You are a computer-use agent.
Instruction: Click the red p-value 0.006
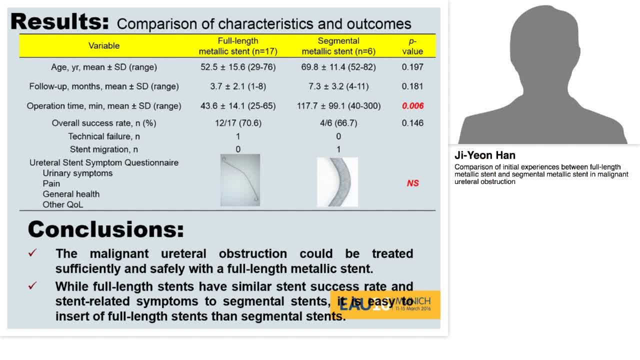(412, 106)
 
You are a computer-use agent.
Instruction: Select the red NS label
(412, 183)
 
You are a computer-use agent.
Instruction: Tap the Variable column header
(104, 46)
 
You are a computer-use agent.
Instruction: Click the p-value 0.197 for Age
(412, 67)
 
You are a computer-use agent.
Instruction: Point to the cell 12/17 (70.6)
(238, 123)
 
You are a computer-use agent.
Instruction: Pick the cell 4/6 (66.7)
(338, 123)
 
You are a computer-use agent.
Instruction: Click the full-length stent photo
(240, 180)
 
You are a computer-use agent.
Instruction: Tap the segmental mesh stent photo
(337, 182)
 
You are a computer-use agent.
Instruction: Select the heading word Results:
(59, 21)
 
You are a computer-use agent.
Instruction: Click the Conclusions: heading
(106, 229)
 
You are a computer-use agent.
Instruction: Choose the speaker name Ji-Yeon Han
(484, 155)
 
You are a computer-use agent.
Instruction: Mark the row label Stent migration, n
(104, 149)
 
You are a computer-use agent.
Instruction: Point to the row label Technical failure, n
(104, 136)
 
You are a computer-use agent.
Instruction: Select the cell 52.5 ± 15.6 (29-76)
(238, 67)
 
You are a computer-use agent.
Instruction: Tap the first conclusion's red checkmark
(32, 253)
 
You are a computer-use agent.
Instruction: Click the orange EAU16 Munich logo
(385, 304)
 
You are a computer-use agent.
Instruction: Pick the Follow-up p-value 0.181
(412, 86)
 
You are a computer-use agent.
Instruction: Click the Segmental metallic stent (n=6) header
(338, 46)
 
